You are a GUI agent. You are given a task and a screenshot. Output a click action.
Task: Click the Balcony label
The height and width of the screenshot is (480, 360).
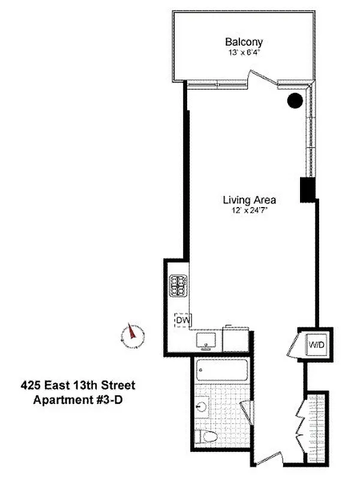pyautogui.click(x=244, y=42)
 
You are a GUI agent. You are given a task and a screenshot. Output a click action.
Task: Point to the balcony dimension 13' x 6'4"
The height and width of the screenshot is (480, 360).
pyautogui.click(x=244, y=52)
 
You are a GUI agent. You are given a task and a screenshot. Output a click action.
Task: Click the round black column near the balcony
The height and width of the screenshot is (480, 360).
pyautogui.click(x=294, y=101)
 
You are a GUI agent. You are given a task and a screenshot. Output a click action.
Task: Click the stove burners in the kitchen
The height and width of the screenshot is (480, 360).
pyautogui.click(x=179, y=285)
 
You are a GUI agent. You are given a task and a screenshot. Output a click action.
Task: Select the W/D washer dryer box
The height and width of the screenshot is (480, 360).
pyautogui.click(x=316, y=345)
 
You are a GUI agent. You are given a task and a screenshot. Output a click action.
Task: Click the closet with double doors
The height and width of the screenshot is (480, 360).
pyautogui.click(x=315, y=427)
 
